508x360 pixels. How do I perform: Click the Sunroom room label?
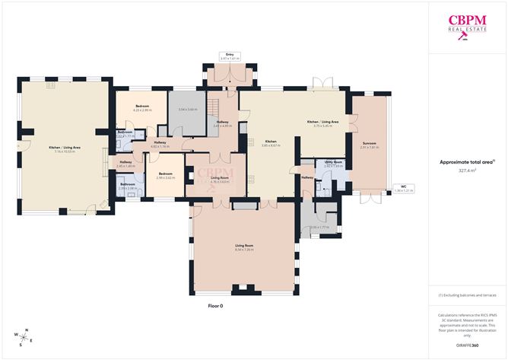coord(369,143)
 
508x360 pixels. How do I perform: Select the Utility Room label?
coord(334,162)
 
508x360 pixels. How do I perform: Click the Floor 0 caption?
coord(216,306)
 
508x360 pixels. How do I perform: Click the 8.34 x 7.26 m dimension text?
coord(243,249)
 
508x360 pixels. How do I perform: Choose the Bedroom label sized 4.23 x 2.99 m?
coord(142,106)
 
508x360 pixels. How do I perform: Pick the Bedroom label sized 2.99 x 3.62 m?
coord(166,173)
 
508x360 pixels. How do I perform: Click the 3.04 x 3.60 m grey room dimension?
coord(187,110)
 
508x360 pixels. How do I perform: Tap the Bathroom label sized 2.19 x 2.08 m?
coord(128,184)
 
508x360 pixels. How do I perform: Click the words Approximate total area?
coord(466,161)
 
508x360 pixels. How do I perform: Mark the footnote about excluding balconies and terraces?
coord(468,295)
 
